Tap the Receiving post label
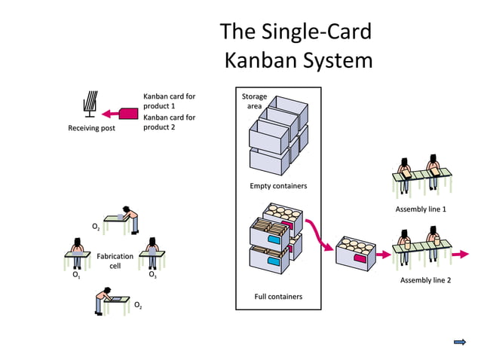pyautogui.click(x=91, y=128)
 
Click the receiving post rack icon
pyautogui.click(x=90, y=105)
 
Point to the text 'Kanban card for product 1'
pyautogui.click(x=169, y=101)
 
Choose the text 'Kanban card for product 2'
pyautogui.click(x=169, y=122)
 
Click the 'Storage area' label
pyautogui.click(x=254, y=101)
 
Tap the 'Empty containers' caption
pyautogui.click(x=278, y=185)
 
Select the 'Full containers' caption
pyautogui.click(x=278, y=296)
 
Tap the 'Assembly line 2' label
pyautogui.click(x=425, y=280)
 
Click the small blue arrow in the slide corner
pyautogui.click(x=459, y=342)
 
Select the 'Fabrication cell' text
pyautogui.click(x=115, y=261)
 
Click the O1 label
pyautogui.click(x=76, y=276)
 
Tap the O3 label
pyautogui.click(x=152, y=276)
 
